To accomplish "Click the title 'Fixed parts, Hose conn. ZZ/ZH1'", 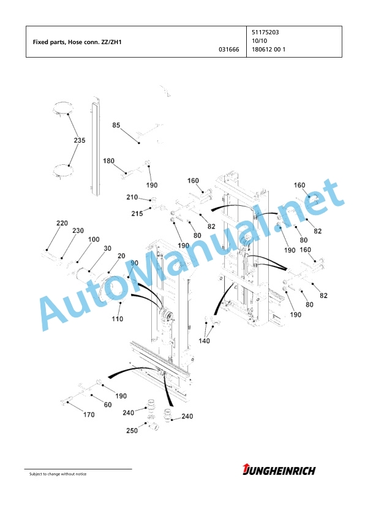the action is (77, 42).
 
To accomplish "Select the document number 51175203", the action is (265, 32).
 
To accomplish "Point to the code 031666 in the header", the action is (229, 50).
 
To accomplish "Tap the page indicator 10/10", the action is (259, 41).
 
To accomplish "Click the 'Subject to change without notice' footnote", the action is (58, 474).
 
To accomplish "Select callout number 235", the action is (79, 140).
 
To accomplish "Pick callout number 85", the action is (116, 125).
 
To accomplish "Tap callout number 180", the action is (108, 161).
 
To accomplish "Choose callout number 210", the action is (132, 197).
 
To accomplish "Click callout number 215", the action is (137, 214).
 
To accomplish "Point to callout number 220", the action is (62, 223).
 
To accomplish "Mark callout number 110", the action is (118, 319).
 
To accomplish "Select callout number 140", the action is (204, 341).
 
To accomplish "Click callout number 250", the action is (132, 430).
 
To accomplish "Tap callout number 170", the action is (89, 415).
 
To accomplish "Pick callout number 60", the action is (108, 404).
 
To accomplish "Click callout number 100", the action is (94, 239).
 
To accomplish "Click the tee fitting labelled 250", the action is (152, 427).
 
